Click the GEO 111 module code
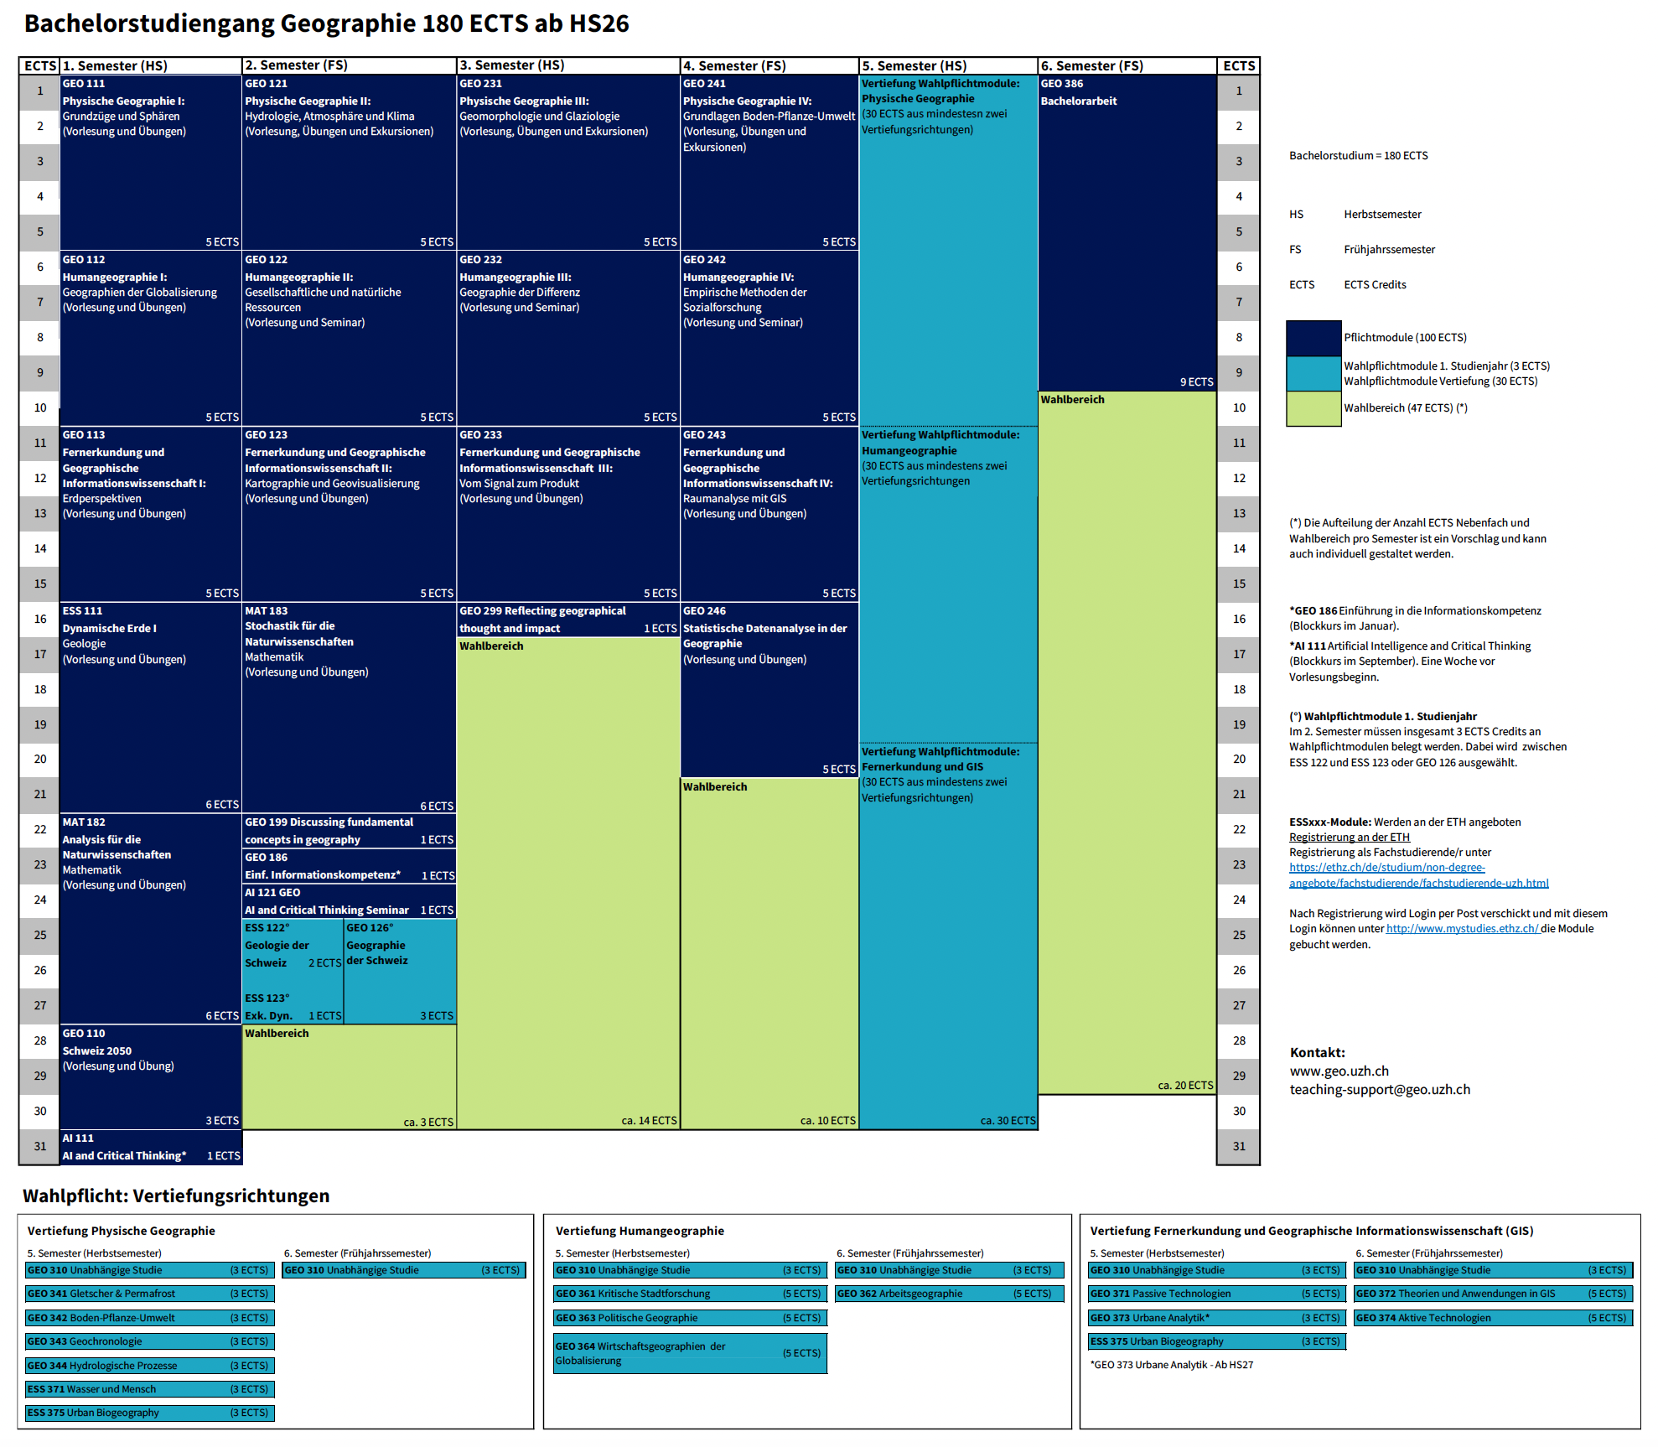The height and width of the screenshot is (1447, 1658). coord(84,84)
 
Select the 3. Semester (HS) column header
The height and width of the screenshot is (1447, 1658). coord(511,65)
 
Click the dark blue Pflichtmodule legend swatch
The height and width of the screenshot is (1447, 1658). coord(1313,338)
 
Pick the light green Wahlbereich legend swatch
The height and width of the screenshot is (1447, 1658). coord(1313,408)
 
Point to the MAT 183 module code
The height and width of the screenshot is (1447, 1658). coord(266,611)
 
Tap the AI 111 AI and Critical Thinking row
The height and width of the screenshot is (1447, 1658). coord(151,1148)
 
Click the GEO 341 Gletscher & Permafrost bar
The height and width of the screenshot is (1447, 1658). coord(149,1294)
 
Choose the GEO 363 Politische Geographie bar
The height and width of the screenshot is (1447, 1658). coord(689,1318)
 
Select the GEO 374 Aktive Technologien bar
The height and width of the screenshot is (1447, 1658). coord(1493,1318)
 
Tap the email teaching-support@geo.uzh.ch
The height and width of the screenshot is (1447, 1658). coord(1380,1090)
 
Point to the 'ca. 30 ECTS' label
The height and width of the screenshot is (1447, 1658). coord(1008,1121)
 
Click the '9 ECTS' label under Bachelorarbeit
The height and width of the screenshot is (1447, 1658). coord(1196,382)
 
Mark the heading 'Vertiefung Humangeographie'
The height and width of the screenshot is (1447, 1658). coord(640,1231)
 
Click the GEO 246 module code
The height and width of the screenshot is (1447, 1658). coord(704,611)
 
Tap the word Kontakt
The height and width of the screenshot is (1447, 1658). coord(1317,1053)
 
